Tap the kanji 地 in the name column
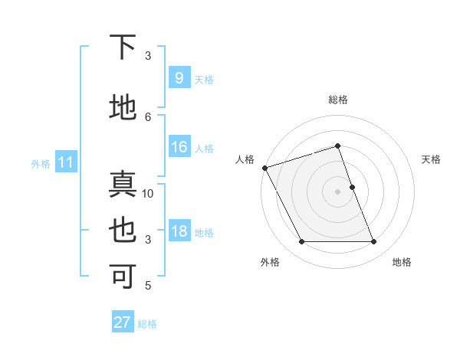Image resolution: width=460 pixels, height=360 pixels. [x=123, y=107]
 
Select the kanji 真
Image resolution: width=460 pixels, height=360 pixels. [x=123, y=186]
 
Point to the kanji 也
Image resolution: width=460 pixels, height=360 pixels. [x=123, y=231]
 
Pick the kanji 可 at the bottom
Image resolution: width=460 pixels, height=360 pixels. [x=123, y=277]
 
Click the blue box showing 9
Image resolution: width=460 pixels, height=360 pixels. [x=179, y=78]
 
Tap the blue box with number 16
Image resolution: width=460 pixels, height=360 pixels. [x=179, y=148]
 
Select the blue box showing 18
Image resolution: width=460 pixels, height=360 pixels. [x=179, y=231]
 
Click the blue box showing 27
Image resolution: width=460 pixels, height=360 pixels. [x=123, y=322]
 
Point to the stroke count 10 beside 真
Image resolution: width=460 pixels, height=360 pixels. [x=148, y=194]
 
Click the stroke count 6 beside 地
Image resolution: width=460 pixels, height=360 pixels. [x=148, y=116]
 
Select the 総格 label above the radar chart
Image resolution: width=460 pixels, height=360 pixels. [x=338, y=100]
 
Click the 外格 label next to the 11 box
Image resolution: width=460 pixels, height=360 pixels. [x=40, y=163]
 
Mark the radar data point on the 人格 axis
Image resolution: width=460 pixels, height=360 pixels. [x=264, y=168]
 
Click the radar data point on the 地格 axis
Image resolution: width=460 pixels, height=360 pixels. [x=374, y=242]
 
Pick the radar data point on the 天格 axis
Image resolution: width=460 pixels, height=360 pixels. [x=352, y=187]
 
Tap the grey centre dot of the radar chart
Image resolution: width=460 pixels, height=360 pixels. [x=338, y=191]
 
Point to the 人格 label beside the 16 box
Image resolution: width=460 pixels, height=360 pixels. [x=204, y=149]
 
